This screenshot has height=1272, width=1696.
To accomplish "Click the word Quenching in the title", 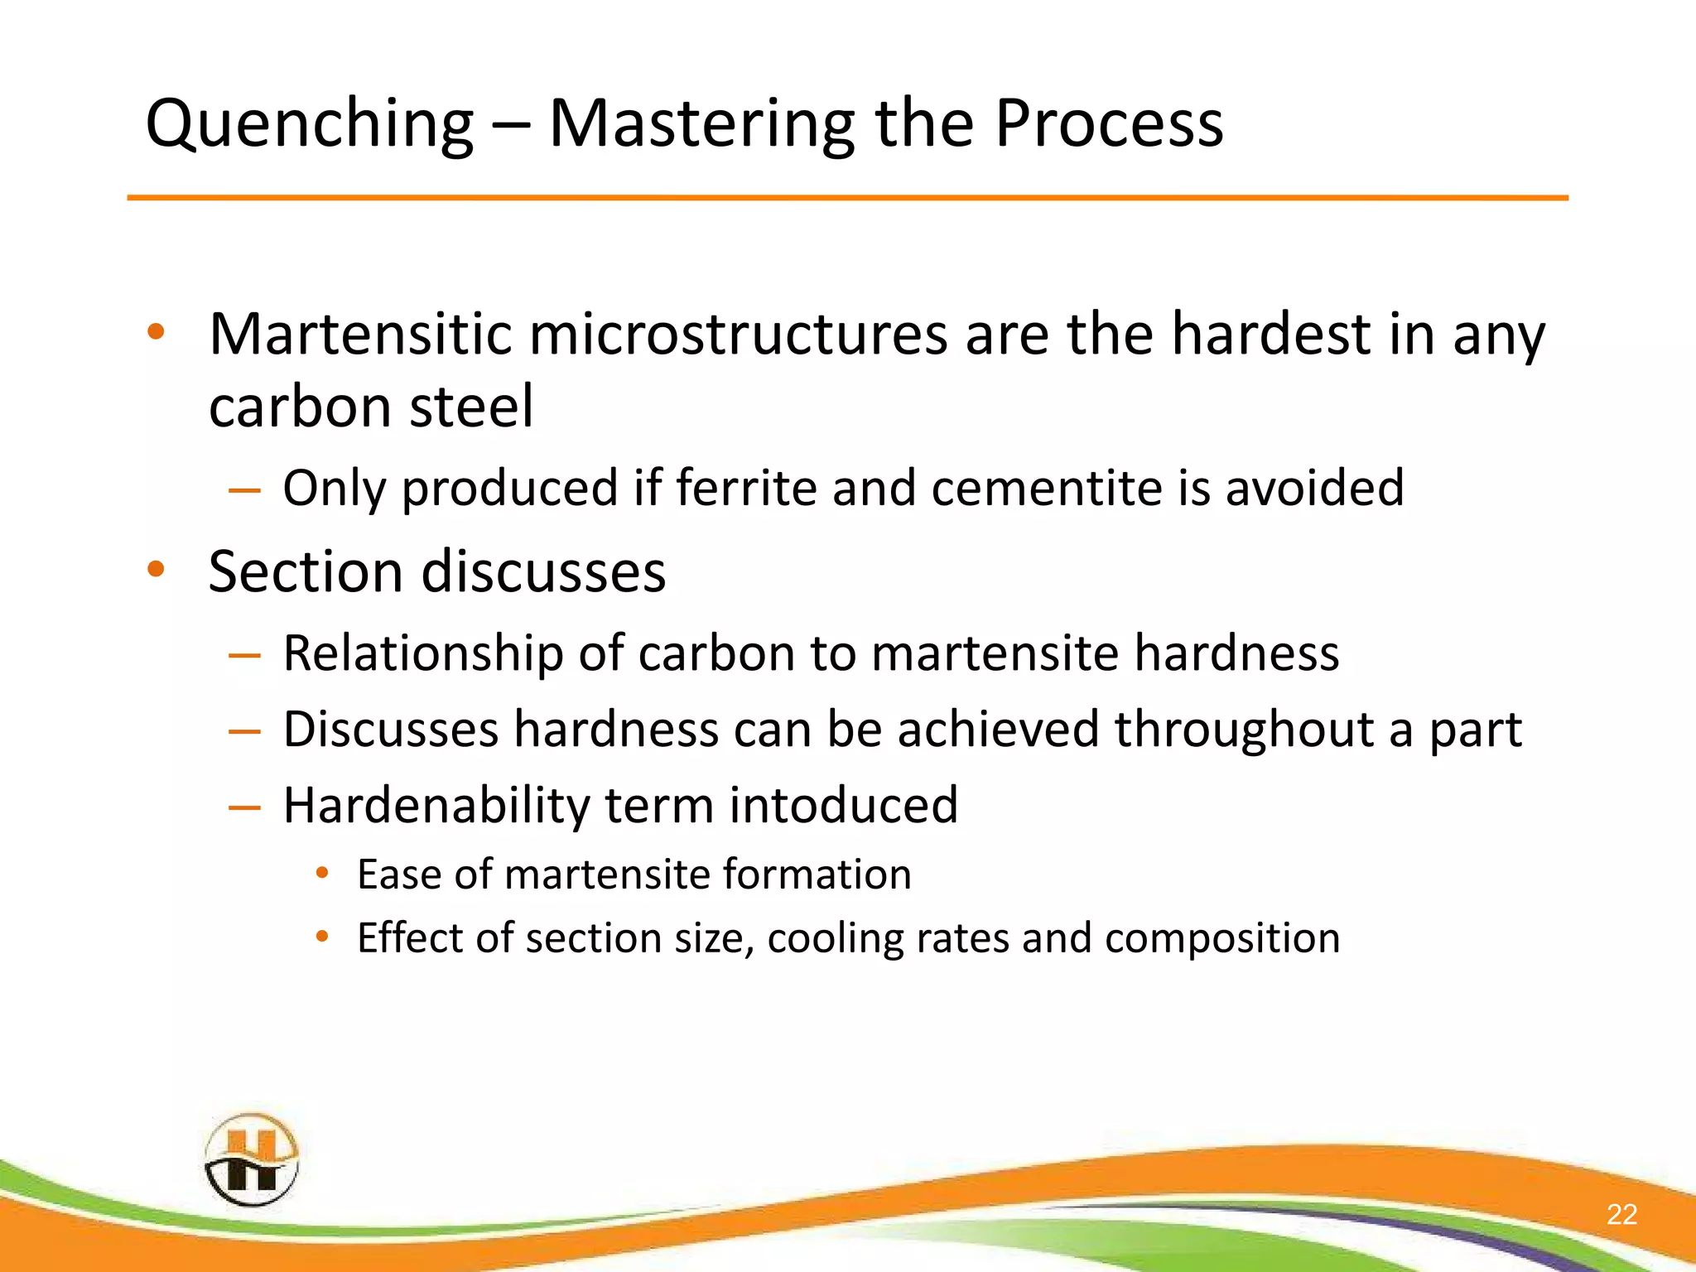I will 309,124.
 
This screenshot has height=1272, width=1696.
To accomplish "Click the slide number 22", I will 1621,1214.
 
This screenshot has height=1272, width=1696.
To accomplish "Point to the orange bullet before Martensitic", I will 156,333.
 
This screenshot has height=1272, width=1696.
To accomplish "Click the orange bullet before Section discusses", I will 156,570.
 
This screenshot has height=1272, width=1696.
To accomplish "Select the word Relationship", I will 422,653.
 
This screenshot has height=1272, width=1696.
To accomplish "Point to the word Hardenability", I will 436,805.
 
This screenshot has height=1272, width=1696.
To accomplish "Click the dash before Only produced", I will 244,489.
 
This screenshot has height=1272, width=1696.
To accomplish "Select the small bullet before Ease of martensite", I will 323,873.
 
